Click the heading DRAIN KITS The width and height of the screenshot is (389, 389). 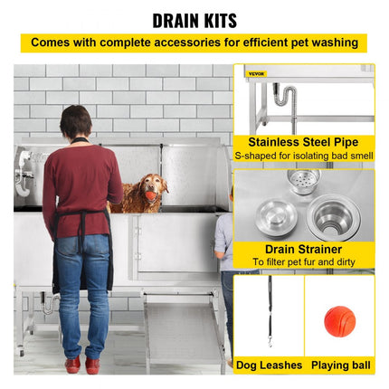pos(194,19)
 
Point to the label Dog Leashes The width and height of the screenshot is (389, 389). pos(269,365)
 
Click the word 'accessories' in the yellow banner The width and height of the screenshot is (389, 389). pos(182,43)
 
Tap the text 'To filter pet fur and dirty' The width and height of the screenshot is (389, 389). pos(302,261)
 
